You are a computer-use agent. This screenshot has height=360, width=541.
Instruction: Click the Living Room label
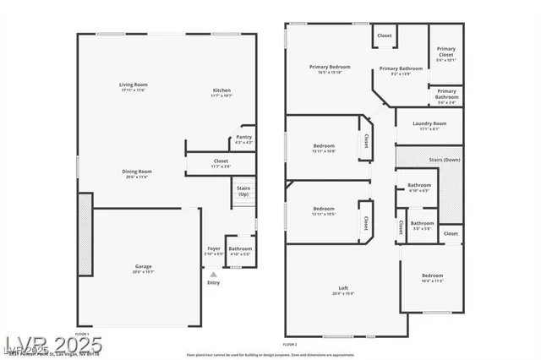[133, 85]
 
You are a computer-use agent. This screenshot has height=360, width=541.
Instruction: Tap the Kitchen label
[221, 90]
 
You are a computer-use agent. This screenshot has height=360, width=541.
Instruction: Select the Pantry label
[243, 137]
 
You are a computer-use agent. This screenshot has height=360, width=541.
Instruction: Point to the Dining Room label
[137, 172]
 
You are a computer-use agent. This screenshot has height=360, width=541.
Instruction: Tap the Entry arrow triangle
[213, 274]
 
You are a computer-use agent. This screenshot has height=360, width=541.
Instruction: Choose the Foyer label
[214, 248]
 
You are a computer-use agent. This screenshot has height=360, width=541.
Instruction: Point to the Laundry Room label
[429, 123]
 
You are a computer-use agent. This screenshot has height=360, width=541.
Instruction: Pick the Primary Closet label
[445, 52]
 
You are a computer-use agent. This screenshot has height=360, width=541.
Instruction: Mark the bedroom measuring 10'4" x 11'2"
[432, 275]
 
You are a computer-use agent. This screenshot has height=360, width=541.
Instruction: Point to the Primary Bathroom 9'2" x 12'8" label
[401, 68]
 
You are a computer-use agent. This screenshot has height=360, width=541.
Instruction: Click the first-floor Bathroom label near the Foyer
[239, 248]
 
